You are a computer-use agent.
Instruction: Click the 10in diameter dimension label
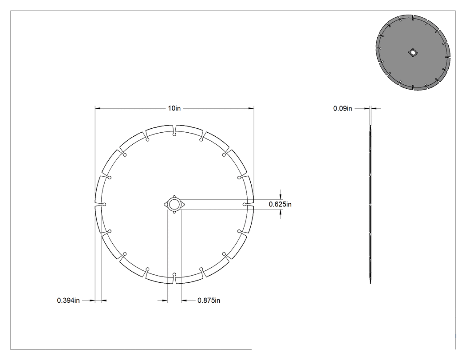[174, 108]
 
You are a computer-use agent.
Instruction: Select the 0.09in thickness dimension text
[342, 108]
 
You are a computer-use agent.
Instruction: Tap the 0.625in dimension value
[280, 204]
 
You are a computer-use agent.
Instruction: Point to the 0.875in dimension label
[209, 301]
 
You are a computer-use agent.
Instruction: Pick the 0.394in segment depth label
[68, 301]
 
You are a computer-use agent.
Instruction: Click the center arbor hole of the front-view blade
[174, 204]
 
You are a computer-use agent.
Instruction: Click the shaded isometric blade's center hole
[412, 53]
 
